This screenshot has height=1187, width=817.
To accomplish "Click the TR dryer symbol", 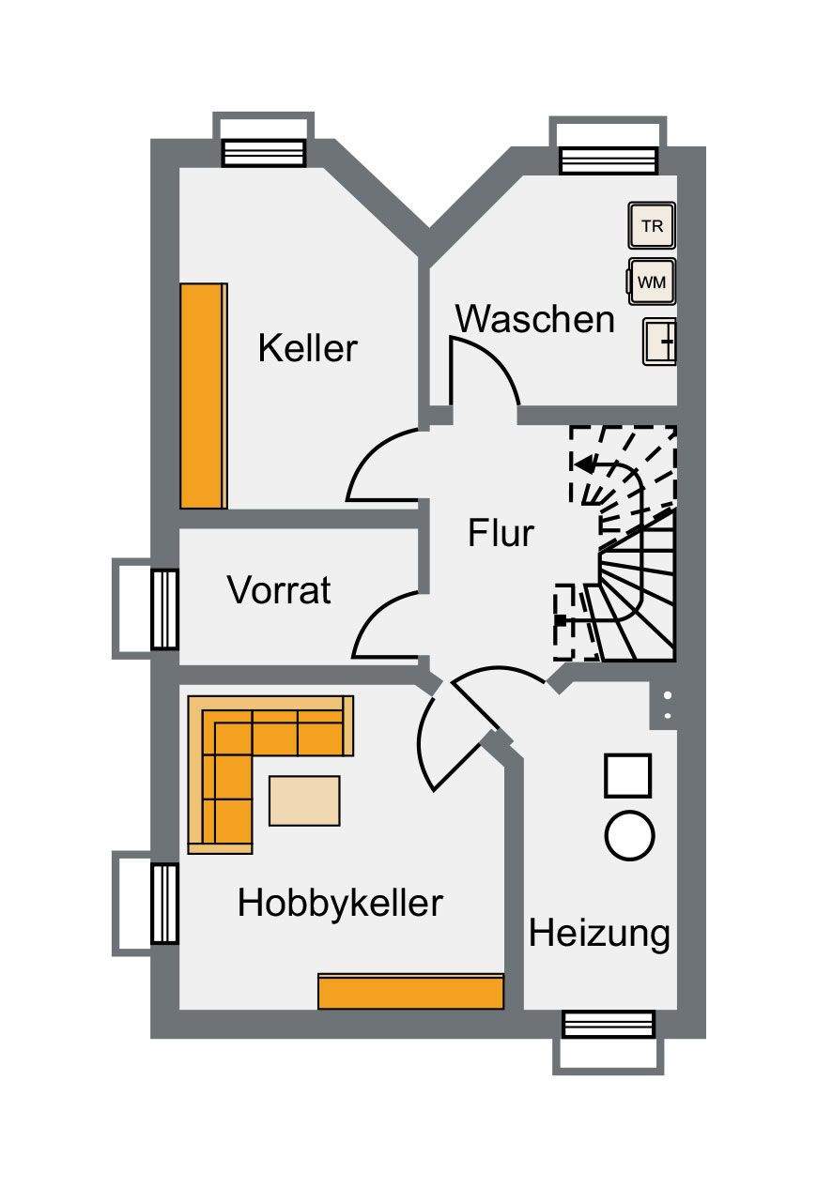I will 651,226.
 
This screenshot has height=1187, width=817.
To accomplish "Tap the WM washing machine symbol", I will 651,281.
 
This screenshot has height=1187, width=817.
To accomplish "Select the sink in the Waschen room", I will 659,342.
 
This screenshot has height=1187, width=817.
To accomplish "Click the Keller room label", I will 308,348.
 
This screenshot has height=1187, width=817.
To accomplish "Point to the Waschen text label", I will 534,319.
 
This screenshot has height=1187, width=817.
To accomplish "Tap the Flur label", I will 501,533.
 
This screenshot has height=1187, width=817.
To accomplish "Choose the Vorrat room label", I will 279,590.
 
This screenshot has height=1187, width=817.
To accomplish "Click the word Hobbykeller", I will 340,903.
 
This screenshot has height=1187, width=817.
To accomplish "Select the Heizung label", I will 599,934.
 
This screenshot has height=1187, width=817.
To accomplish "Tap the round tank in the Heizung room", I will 629,834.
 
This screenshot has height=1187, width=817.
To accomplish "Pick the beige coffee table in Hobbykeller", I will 304,800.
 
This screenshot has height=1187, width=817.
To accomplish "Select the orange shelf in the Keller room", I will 204,395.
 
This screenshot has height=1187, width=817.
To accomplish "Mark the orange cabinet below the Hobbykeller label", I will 411,991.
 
